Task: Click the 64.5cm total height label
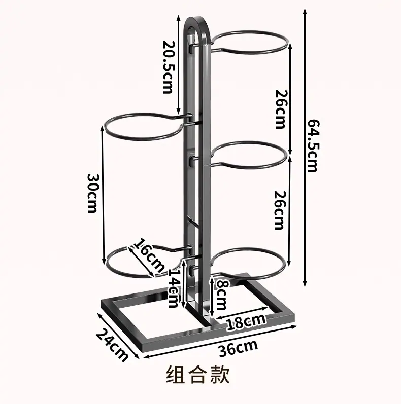tap(313, 145)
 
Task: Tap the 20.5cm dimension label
tap(169, 67)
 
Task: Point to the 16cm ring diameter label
tap(149, 255)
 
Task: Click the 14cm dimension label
tap(174, 287)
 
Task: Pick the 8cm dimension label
tap(221, 295)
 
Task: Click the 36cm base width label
tap(238, 348)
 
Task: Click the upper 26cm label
tap(281, 109)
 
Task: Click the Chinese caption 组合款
tap(198, 375)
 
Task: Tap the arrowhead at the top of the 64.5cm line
tap(305, 11)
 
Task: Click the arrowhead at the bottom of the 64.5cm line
tap(305, 284)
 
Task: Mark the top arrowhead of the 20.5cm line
tap(178, 18)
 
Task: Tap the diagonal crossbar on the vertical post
tap(193, 223)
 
